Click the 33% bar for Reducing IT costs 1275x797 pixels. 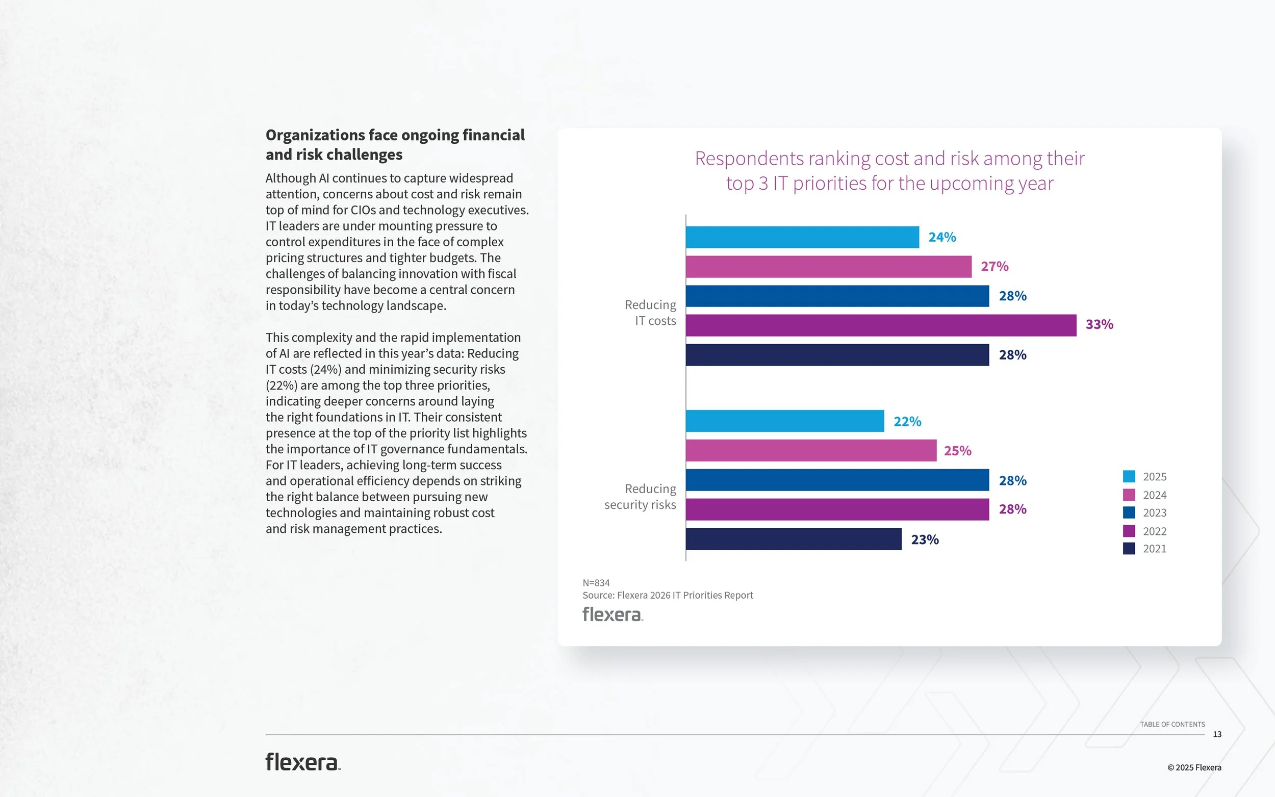coord(880,325)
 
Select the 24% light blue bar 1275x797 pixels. coord(802,237)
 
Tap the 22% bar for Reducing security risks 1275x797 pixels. coord(784,421)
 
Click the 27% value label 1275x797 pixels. coord(994,267)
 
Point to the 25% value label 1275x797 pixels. coord(957,451)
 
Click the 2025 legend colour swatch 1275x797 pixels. coord(1129,476)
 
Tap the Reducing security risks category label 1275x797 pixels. coord(640,497)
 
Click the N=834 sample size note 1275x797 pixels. coord(596,583)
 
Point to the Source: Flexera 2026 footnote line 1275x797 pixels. coord(667,596)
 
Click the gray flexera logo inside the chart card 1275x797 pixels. coord(612,614)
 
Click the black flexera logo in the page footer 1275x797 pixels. coord(302,762)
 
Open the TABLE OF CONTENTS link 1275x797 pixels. coord(1171,725)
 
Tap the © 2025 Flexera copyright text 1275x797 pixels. coord(1194,768)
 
